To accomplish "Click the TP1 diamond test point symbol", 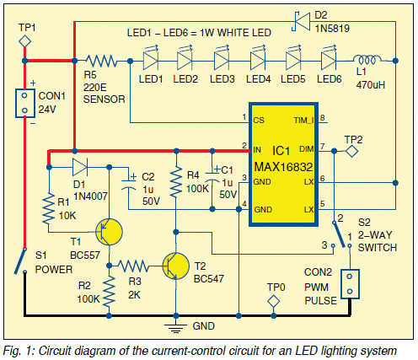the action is tap(24, 41).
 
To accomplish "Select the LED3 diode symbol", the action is tap(222, 60).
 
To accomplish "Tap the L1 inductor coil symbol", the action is tap(367, 60).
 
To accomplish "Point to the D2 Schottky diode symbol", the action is tap(301, 21).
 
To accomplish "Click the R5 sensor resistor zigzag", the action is tap(101, 61).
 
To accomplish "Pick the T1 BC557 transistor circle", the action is tap(109, 232).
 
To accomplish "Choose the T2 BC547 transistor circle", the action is tap(176, 266).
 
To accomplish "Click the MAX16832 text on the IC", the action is tap(283, 167).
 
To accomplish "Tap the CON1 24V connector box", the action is tap(24, 103).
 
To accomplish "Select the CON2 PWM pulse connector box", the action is tap(350, 284).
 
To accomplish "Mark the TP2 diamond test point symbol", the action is tap(351, 151).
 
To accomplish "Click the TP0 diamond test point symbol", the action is tap(273, 301).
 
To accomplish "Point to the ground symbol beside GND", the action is tap(176, 328).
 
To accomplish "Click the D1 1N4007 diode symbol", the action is tap(80, 167).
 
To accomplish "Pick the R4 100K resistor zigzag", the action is tap(176, 182).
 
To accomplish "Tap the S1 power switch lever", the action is tap(20, 261).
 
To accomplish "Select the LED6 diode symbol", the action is tap(329, 60).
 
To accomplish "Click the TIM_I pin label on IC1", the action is tap(303, 121).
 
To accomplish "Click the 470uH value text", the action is tap(371, 85).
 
